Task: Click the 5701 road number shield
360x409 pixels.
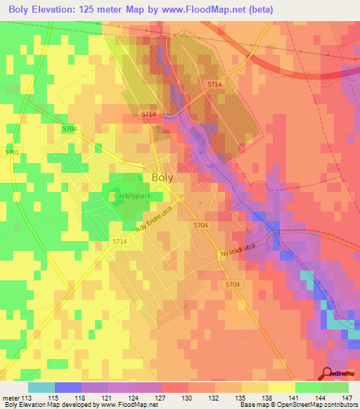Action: [12, 152]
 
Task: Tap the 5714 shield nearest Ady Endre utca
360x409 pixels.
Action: [120, 241]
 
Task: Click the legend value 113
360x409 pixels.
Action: [27, 398]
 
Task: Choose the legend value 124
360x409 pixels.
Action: [134, 398]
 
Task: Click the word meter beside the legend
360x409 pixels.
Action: [10, 398]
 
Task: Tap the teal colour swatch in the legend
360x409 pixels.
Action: [41, 387]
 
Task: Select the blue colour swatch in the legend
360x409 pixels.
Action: [67, 387]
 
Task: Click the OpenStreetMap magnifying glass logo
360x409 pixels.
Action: [328, 374]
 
